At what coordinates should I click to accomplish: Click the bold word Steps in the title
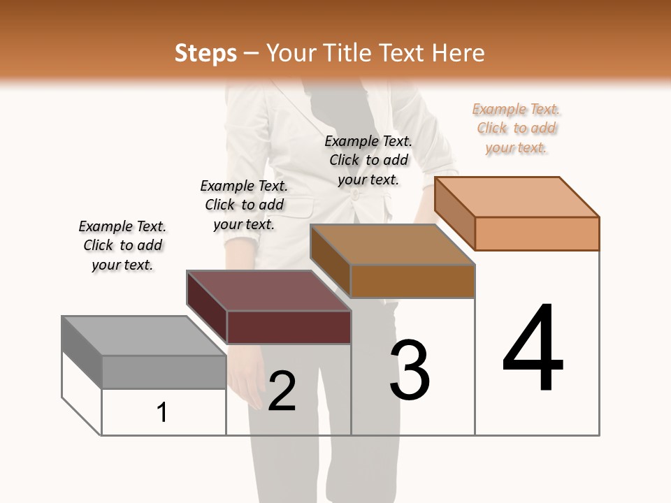tap(205, 53)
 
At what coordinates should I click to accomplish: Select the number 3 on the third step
tap(409, 370)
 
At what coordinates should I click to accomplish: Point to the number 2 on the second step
tap(282, 391)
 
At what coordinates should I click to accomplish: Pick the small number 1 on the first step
tap(162, 412)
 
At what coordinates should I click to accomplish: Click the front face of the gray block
tap(164, 372)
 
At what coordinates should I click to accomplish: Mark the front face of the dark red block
tap(289, 327)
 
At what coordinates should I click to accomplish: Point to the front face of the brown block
tap(412, 281)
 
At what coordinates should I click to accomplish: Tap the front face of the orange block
tap(537, 233)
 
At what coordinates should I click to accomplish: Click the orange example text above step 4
tap(517, 129)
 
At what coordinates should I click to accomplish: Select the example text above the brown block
tap(368, 160)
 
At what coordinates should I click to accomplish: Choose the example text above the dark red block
tap(244, 205)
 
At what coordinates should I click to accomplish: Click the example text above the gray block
tap(122, 245)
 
